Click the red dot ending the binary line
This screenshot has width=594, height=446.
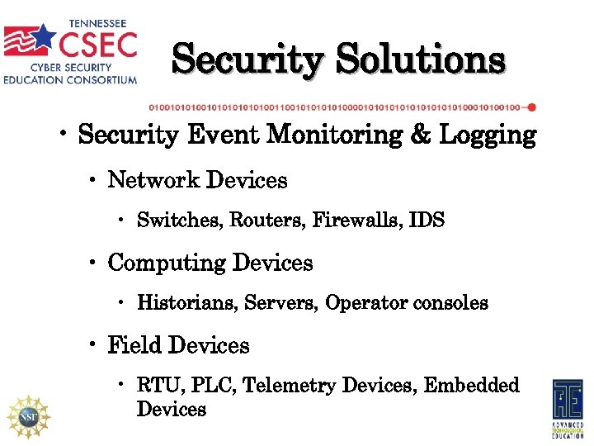pos(532,107)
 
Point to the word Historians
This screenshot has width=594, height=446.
pos(187,303)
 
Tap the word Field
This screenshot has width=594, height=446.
pos(133,345)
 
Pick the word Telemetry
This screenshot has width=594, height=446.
pos(290,386)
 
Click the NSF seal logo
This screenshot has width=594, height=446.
pos(29,415)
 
